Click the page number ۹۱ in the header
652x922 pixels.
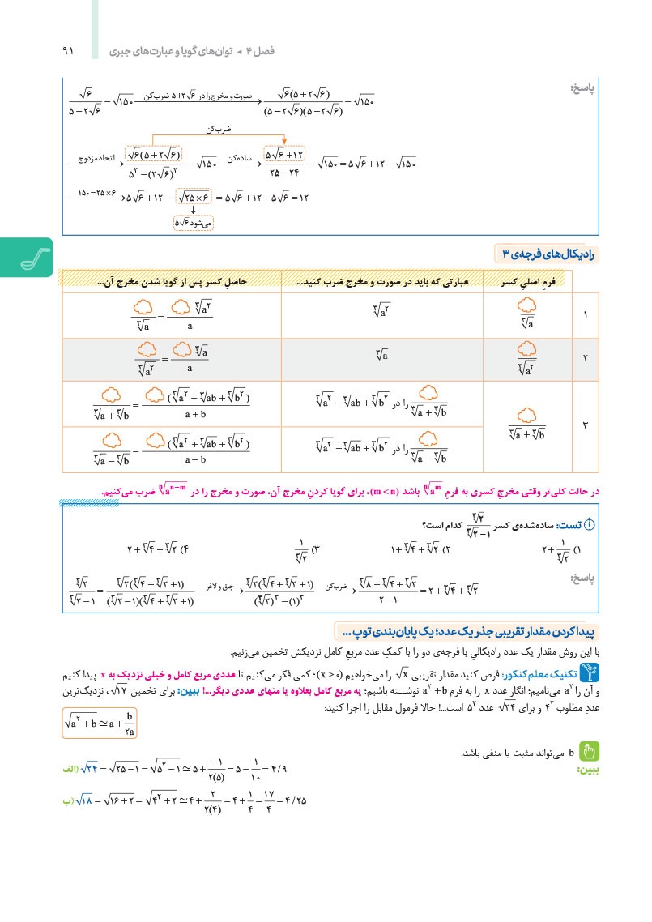click(x=67, y=51)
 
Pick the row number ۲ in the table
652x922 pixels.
click(x=586, y=357)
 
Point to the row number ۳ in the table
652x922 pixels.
click(x=586, y=423)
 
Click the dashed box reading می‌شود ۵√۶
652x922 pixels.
click(x=194, y=220)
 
